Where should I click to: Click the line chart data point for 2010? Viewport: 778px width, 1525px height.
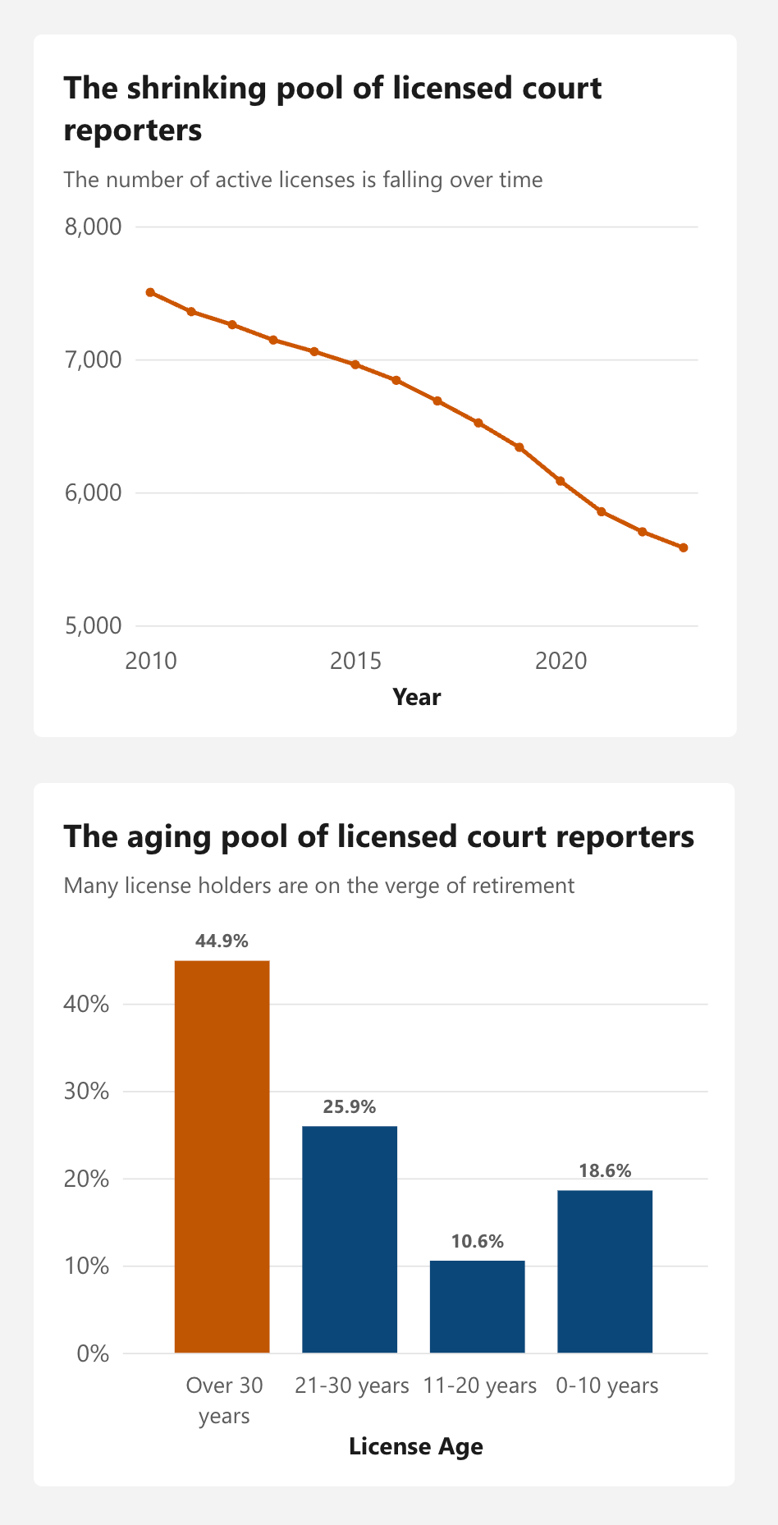click(150, 292)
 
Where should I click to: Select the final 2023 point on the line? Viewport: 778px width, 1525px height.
click(683, 547)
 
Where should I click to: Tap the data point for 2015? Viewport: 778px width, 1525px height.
click(355, 364)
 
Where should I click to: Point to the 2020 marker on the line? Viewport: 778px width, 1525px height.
click(561, 481)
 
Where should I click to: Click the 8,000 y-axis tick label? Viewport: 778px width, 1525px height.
click(93, 227)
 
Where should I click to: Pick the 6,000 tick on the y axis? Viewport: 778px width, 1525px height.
click(93, 493)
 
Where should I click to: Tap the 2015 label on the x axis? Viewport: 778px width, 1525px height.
click(355, 661)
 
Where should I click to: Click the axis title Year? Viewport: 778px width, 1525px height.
click(416, 697)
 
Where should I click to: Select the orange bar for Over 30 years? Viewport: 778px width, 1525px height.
click(222, 1156)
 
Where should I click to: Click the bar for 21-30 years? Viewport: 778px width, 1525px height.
click(350, 1239)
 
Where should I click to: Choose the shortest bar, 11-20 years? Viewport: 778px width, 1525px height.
click(477, 1307)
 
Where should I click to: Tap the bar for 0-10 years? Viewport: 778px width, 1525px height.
click(605, 1271)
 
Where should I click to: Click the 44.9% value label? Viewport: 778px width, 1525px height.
click(222, 941)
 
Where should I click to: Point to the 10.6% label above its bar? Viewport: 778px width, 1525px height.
click(477, 1241)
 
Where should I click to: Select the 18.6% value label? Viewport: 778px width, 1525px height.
click(605, 1170)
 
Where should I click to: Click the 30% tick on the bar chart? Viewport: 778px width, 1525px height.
click(86, 1092)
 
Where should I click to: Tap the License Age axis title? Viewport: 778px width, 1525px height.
click(415, 1446)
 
